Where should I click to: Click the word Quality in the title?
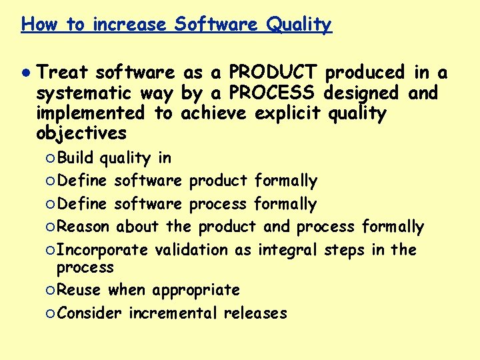[x=299, y=25]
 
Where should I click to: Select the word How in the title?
[x=39, y=25]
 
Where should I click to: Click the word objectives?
[x=81, y=133]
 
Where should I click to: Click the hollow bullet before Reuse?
[x=51, y=291]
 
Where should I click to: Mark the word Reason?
[x=83, y=227]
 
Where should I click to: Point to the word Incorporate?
[x=103, y=250]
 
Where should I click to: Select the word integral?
[x=289, y=250]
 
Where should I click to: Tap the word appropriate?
[x=196, y=291]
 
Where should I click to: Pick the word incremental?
[x=173, y=313]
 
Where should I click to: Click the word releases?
[x=255, y=313]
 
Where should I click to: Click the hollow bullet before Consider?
[x=51, y=313]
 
